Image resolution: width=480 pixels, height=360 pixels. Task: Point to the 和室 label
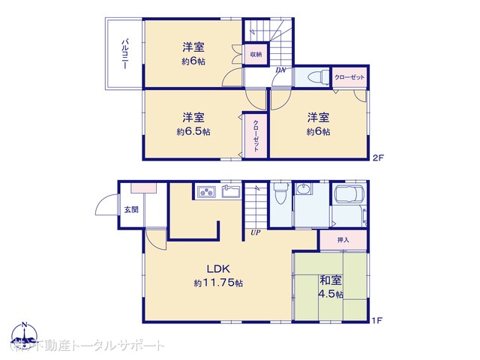tap(331, 280)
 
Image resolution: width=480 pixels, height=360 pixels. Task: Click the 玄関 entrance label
tap(131, 210)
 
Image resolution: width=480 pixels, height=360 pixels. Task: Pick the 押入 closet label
tap(343, 240)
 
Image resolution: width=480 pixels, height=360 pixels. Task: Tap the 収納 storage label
tap(256, 55)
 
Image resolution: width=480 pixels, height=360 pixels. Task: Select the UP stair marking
tap(256, 232)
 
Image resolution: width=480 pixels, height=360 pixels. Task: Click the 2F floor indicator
tap(377, 158)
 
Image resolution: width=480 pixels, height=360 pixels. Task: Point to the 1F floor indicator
tap(377, 321)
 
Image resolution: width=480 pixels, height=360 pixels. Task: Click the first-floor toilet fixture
tap(279, 193)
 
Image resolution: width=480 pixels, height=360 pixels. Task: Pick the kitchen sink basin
tap(229, 192)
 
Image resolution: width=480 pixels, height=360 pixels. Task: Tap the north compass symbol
tap(24, 333)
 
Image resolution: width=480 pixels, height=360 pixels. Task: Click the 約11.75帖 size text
tap(217, 283)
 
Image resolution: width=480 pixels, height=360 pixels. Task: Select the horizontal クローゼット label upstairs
tap(349, 77)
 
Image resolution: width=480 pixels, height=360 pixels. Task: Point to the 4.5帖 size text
tap(331, 294)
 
